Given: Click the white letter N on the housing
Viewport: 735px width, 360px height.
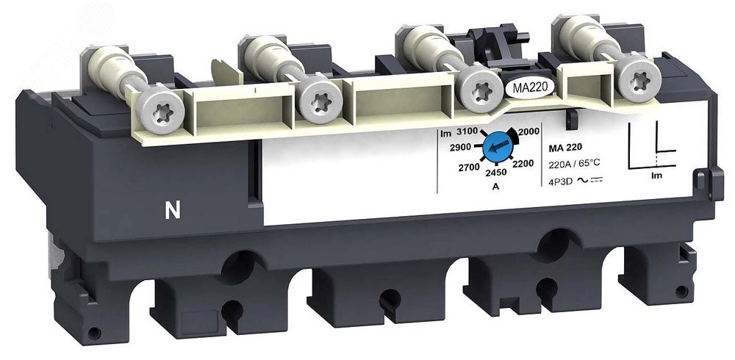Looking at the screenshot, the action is (x=173, y=212).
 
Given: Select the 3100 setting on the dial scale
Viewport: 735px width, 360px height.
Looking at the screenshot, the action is (x=466, y=132).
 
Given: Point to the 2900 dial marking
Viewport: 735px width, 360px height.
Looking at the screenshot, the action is (x=460, y=148).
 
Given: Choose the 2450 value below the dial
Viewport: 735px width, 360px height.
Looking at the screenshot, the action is (x=496, y=173).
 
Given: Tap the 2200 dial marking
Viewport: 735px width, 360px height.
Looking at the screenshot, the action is (x=523, y=164).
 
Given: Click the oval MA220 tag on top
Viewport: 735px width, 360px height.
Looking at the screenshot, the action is (x=526, y=87).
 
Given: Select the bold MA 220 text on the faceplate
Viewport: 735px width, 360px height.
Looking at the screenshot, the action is (x=565, y=148).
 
